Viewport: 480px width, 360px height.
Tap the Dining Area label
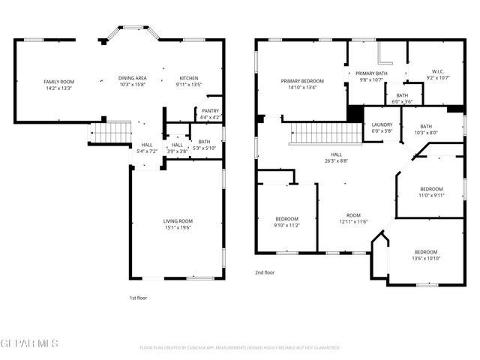[132, 78]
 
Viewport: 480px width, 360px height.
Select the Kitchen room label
[188, 78]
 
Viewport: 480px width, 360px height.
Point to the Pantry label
[210, 111]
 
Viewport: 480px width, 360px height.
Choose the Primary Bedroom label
[302, 81]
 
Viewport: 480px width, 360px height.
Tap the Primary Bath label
[370, 73]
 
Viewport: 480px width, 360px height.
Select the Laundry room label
[382, 126]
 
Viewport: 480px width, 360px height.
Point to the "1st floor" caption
[138, 298]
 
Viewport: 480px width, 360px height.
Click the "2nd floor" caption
[264, 272]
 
